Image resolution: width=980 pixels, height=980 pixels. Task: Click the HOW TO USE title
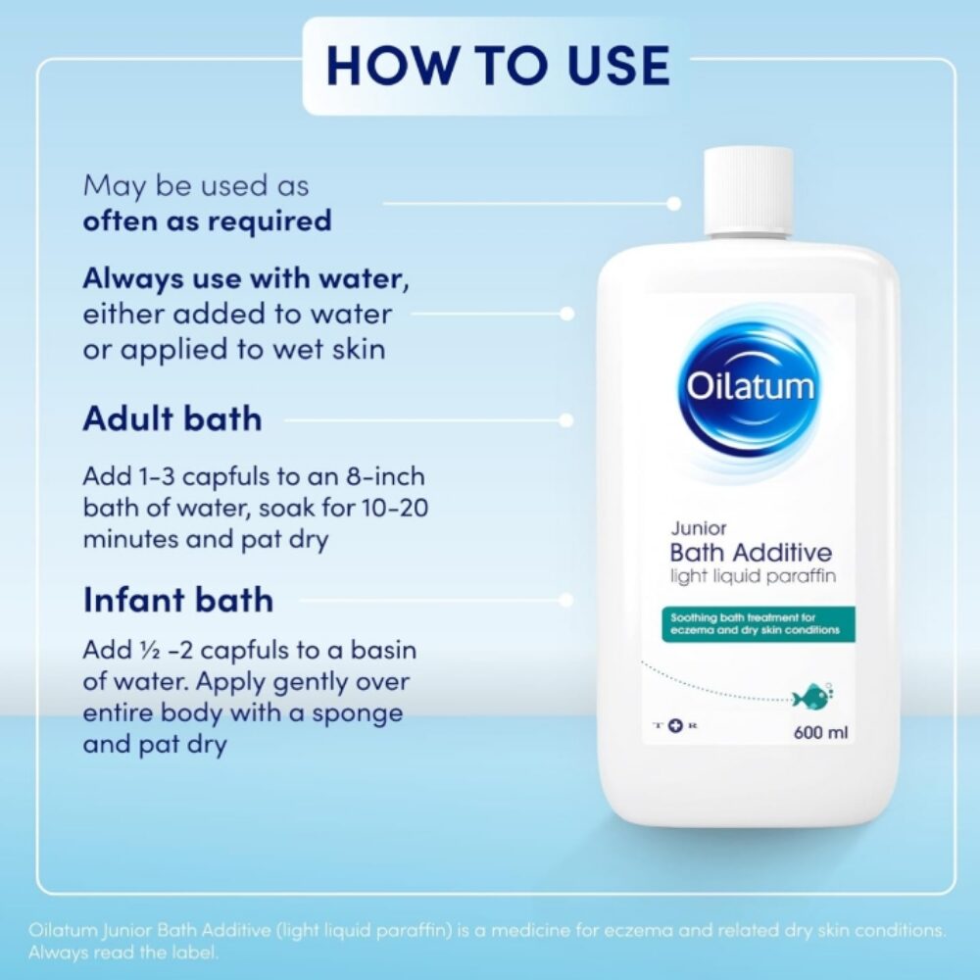[x=498, y=65]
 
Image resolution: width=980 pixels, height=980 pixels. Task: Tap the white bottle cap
[x=749, y=191]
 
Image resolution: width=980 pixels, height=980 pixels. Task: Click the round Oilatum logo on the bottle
[x=750, y=387]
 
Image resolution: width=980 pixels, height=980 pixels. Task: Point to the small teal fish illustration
[x=811, y=696]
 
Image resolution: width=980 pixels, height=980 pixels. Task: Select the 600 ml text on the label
[x=820, y=732]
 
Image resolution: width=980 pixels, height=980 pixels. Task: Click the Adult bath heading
[x=172, y=418]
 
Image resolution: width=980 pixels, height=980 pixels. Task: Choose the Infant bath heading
[x=178, y=599]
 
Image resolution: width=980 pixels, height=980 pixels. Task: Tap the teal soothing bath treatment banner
[x=759, y=623]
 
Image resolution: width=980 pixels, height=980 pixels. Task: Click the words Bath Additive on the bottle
[x=751, y=553]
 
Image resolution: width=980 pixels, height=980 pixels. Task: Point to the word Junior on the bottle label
[x=698, y=528]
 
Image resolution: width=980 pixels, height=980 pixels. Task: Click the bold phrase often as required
[x=207, y=220]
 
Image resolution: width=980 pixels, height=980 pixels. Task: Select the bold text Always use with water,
[x=246, y=278]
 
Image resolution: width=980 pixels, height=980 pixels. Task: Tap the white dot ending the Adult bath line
[x=566, y=420]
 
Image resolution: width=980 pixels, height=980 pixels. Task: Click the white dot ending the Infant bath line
[x=566, y=600]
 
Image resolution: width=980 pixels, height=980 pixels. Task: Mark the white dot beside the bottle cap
[x=674, y=203]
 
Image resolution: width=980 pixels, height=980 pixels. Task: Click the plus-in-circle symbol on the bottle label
[x=674, y=725]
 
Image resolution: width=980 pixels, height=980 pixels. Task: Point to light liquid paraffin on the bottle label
[x=753, y=575]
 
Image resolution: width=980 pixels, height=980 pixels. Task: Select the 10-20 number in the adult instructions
[x=395, y=507]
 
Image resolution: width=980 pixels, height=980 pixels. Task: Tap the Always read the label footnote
[x=123, y=953]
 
